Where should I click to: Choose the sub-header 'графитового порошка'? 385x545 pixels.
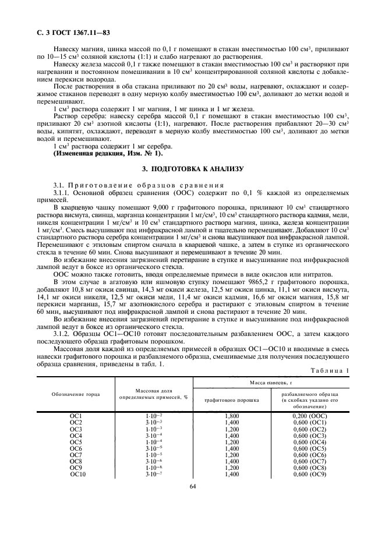point(231,401)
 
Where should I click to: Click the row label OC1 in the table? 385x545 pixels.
point(76,416)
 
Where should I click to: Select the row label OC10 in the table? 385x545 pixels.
point(78,474)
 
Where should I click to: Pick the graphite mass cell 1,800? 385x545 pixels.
point(231,416)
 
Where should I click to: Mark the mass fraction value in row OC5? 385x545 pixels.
point(153,441)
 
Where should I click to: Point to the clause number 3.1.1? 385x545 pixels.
point(63,192)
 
